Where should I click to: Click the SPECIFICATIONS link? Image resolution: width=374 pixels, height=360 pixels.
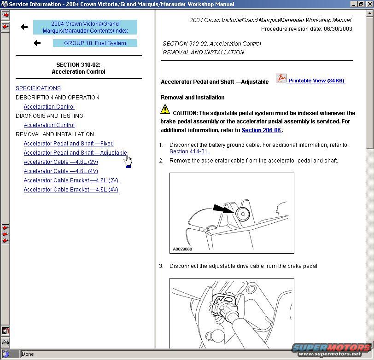[x=38, y=88]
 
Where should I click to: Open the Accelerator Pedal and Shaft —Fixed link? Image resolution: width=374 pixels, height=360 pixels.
[x=69, y=144]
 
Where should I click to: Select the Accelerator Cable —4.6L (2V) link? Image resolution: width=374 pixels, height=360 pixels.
[x=61, y=162]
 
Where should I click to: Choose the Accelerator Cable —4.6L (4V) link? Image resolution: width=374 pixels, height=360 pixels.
[x=61, y=171]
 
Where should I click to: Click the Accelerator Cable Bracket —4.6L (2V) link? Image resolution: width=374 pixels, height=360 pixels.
[x=71, y=180]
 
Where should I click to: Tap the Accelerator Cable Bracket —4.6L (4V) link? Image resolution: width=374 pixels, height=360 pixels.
[x=71, y=190]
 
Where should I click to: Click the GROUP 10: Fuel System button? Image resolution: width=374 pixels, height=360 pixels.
[x=95, y=43]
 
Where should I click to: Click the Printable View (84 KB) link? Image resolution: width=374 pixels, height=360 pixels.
[x=316, y=81]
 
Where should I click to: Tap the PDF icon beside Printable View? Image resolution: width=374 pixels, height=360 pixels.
[x=281, y=78]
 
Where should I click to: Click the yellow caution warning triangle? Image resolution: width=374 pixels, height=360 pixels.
[x=165, y=110]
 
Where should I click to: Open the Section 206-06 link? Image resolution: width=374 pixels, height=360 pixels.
[x=261, y=130]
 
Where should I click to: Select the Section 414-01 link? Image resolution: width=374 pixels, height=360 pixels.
[x=189, y=151]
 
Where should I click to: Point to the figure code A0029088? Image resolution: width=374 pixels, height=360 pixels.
[x=182, y=249]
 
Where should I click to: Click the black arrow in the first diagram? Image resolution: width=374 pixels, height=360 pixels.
[x=223, y=210]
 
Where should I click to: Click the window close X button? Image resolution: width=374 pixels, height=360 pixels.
[x=369, y=4]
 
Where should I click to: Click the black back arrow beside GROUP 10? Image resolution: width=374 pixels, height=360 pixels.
[x=37, y=43]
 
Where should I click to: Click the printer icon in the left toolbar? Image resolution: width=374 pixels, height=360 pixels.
[x=6, y=342]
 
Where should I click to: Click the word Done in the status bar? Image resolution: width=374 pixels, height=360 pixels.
[x=28, y=354]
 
